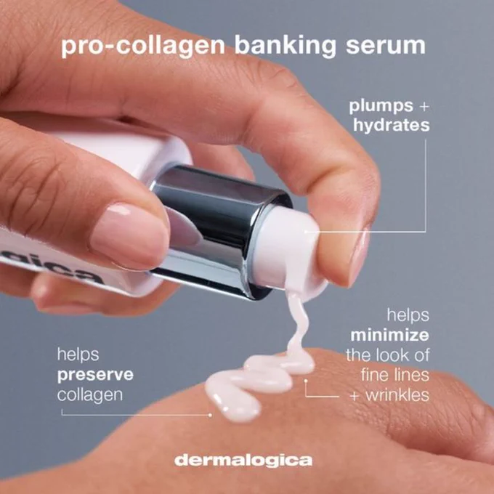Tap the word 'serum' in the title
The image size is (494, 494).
(x=386, y=46)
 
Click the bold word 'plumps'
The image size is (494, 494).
(x=381, y=107)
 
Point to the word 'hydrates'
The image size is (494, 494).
(x=392, y=125)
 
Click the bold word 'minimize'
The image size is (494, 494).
(x=389, y=335)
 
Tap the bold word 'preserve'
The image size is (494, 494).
(x=95, y=376)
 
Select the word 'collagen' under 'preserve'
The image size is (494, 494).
(x=90, y=395)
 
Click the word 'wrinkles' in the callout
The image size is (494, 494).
(x=397, y=394)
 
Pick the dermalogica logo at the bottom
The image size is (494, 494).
(x=243, y=461)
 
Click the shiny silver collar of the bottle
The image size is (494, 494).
(x=217, y=232)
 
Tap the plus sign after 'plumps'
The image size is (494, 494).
(x=424, y=107)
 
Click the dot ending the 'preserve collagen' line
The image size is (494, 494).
(x=211, y=416)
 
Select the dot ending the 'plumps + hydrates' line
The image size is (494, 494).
(x=306, y=232)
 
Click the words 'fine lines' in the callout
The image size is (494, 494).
(x=395, y=375)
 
